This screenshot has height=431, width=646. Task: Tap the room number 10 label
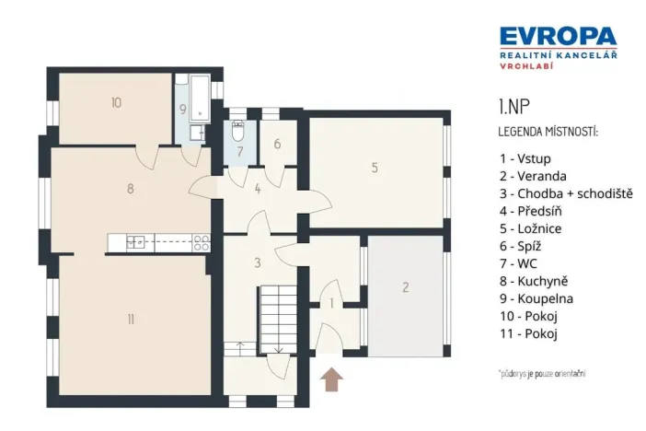pos(116,103)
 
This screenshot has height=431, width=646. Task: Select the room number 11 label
pos(131,319)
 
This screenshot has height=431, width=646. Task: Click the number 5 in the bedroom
pos(375,168)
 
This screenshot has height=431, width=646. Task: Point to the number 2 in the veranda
pos(405,286)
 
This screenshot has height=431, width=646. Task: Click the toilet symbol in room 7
pos(237,128)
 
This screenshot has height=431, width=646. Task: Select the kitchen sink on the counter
pos(135,243)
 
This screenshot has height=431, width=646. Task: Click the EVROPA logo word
pos(558,37)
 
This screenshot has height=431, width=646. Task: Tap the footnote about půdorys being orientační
pos(542,373)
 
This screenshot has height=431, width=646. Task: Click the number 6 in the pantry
pos(276,144)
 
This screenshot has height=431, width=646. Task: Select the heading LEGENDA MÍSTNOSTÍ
pos(548,132)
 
